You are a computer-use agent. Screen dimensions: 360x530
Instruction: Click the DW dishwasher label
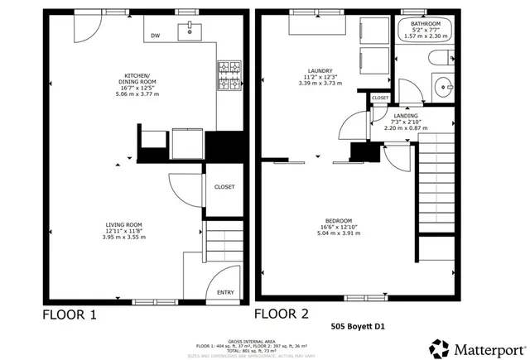click(x=155, y=36)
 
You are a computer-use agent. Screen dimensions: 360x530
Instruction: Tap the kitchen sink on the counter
click(x=190, y=31)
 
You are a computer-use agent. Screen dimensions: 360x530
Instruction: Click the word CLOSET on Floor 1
click(x=224, y=187)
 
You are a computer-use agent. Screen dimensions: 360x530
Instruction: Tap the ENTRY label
click(x=224, y=292)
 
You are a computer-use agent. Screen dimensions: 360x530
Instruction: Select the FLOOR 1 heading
click(x=70, y=314)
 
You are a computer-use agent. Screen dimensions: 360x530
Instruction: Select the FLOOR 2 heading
click(x=282, y=314)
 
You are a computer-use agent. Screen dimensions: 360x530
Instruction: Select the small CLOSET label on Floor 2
click(x=380, y=98)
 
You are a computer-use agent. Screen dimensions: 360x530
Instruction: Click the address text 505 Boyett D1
click(x=359, y=326)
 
